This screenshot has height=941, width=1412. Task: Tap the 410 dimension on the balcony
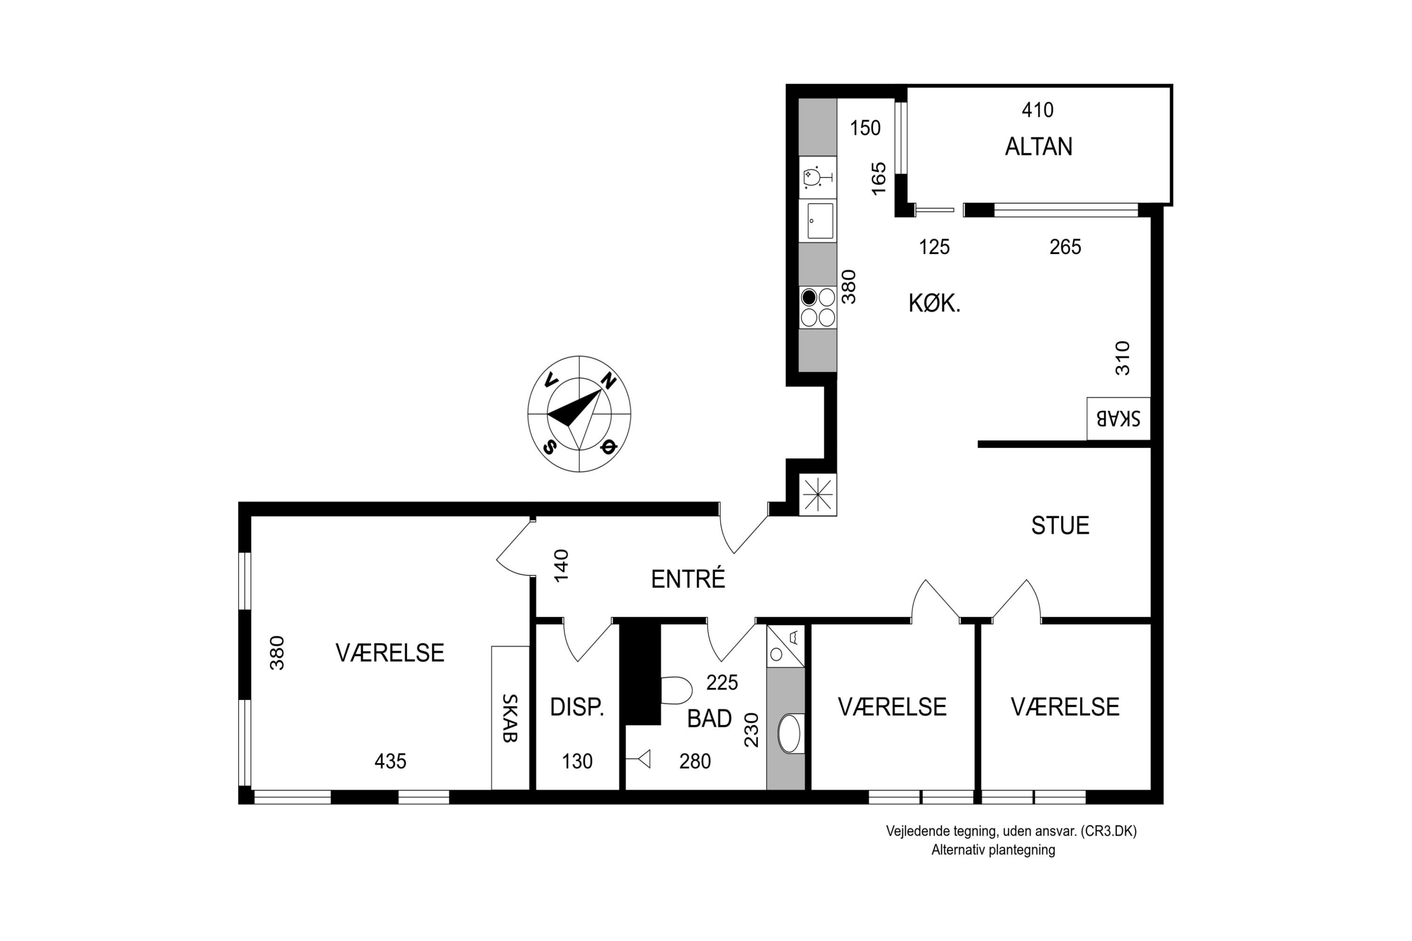[1037, 110]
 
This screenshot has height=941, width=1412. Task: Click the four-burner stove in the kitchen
[818, 307]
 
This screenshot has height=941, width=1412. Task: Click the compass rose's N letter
[609, 381]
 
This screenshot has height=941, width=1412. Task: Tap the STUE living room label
[1060, 526]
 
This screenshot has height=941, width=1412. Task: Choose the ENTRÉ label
[688, 579]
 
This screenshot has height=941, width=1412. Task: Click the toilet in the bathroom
[676, 690]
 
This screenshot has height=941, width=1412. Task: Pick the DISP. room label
[577, 707]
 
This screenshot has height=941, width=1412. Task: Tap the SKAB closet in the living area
[1118, 418]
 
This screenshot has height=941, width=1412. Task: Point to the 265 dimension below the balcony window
[1065, 247]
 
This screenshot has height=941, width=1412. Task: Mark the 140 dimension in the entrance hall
[561, 566]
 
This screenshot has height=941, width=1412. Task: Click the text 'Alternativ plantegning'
[993, 850]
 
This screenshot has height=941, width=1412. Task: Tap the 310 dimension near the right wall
[1122, 358]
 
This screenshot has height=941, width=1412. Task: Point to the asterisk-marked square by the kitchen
[818, 494]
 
